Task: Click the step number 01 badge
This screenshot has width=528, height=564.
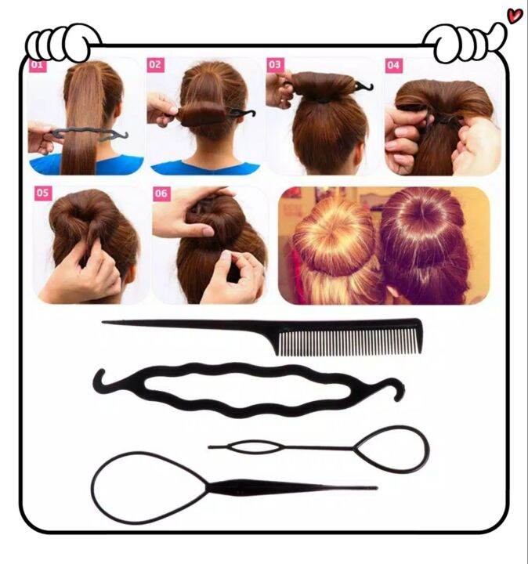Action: point(38,66)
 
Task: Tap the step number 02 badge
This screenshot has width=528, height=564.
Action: point(155,65)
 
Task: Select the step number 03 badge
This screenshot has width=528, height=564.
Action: point(275,65)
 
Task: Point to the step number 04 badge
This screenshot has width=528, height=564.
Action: point(393,65)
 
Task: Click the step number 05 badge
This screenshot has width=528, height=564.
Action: point(43,193)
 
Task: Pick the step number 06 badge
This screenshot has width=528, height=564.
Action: point(161,193)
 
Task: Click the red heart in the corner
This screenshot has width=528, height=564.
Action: point(515,14)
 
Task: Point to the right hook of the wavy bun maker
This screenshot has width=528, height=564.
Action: point(398,387)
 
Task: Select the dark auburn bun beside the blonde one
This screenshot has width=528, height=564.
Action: point(423,227)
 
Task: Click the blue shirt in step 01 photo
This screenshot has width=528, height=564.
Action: point(47,165)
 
